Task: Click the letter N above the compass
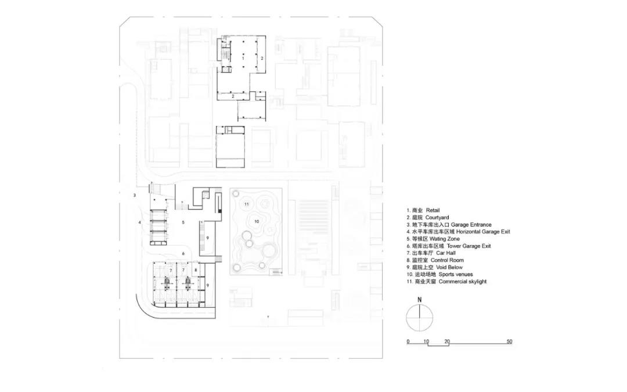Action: pos(420,300)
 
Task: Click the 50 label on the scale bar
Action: pos(510,341)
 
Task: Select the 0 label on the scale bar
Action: pos(408,341)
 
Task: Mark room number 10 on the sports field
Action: pos(257,221)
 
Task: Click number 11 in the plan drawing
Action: pos(247,204)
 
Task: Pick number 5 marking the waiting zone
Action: pos(183,222)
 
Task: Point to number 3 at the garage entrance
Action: pos(135,195)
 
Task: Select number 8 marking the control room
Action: pos(196,271)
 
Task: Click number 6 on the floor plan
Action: pos(183,253)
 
